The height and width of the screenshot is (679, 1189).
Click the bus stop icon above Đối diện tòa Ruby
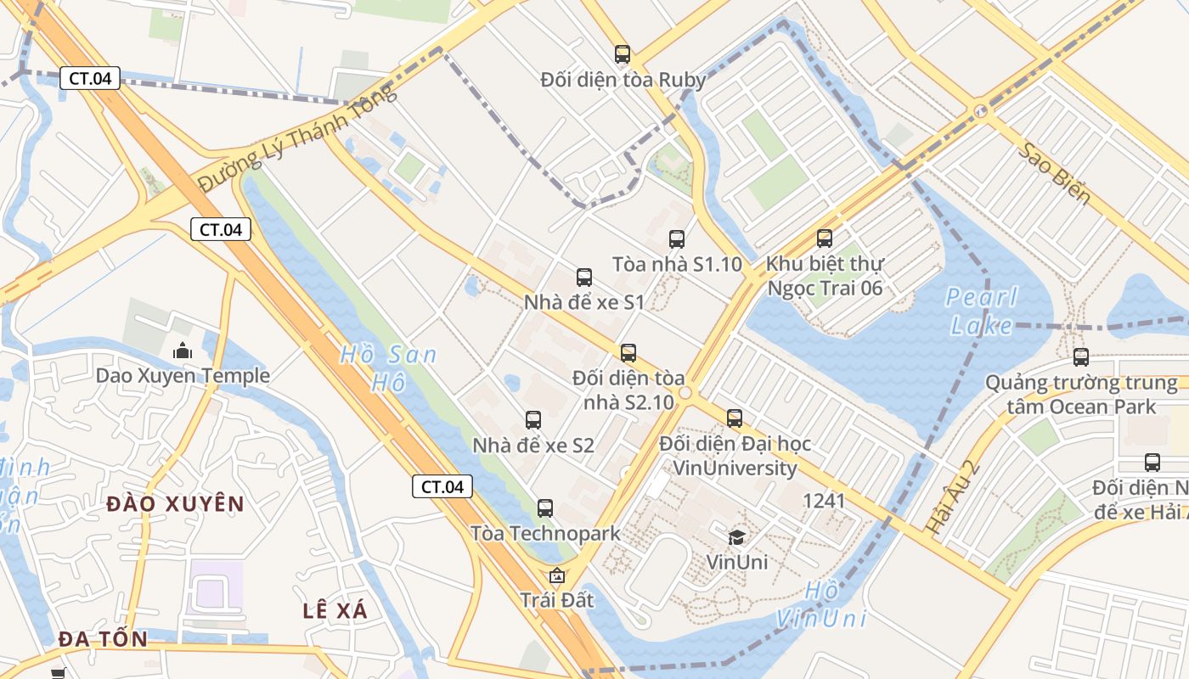pyautogui.click(x=623, y=55)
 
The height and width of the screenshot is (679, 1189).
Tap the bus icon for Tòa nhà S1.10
pyautogui.click(x=676, y=239)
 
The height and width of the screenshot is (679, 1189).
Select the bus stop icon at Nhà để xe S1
pyautogui.click(x=584, y=278)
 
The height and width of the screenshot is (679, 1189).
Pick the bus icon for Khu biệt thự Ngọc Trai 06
pyautogui.click(x=824, y=238)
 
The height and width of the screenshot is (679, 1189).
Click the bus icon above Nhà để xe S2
pyautogui.click(x=533, y=420)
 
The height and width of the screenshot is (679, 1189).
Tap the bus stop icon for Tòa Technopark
pyautogui.click(x=545, y=508)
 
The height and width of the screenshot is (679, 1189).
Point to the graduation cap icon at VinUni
pyautogui.click(x=736, y=536)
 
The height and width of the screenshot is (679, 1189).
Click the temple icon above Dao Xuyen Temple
pyautogui.click(x=183, y=351)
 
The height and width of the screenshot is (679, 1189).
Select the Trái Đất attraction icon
pyautogui.click(x=557, y=575)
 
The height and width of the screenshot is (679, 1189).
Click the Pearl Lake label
pyautogui.click(x=982, y=311)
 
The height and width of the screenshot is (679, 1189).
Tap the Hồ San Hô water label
pyautogui.click(x=388, y=368)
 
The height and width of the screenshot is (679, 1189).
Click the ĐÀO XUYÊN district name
pyautogui.click(x=176, y=504)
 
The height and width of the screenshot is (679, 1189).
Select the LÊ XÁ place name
pyautogui.click(x=335, y=610)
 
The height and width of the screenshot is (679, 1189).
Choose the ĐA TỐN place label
pyautogui.click(x=103, y=639)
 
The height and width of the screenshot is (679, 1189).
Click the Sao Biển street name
pyautogui.click(x=1056, y=173)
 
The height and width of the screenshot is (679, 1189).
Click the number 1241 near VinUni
pyautogui.click(x=824, y=501)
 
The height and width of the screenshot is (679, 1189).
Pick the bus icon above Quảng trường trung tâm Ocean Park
pyautogui.click(x=1080, y=357)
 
